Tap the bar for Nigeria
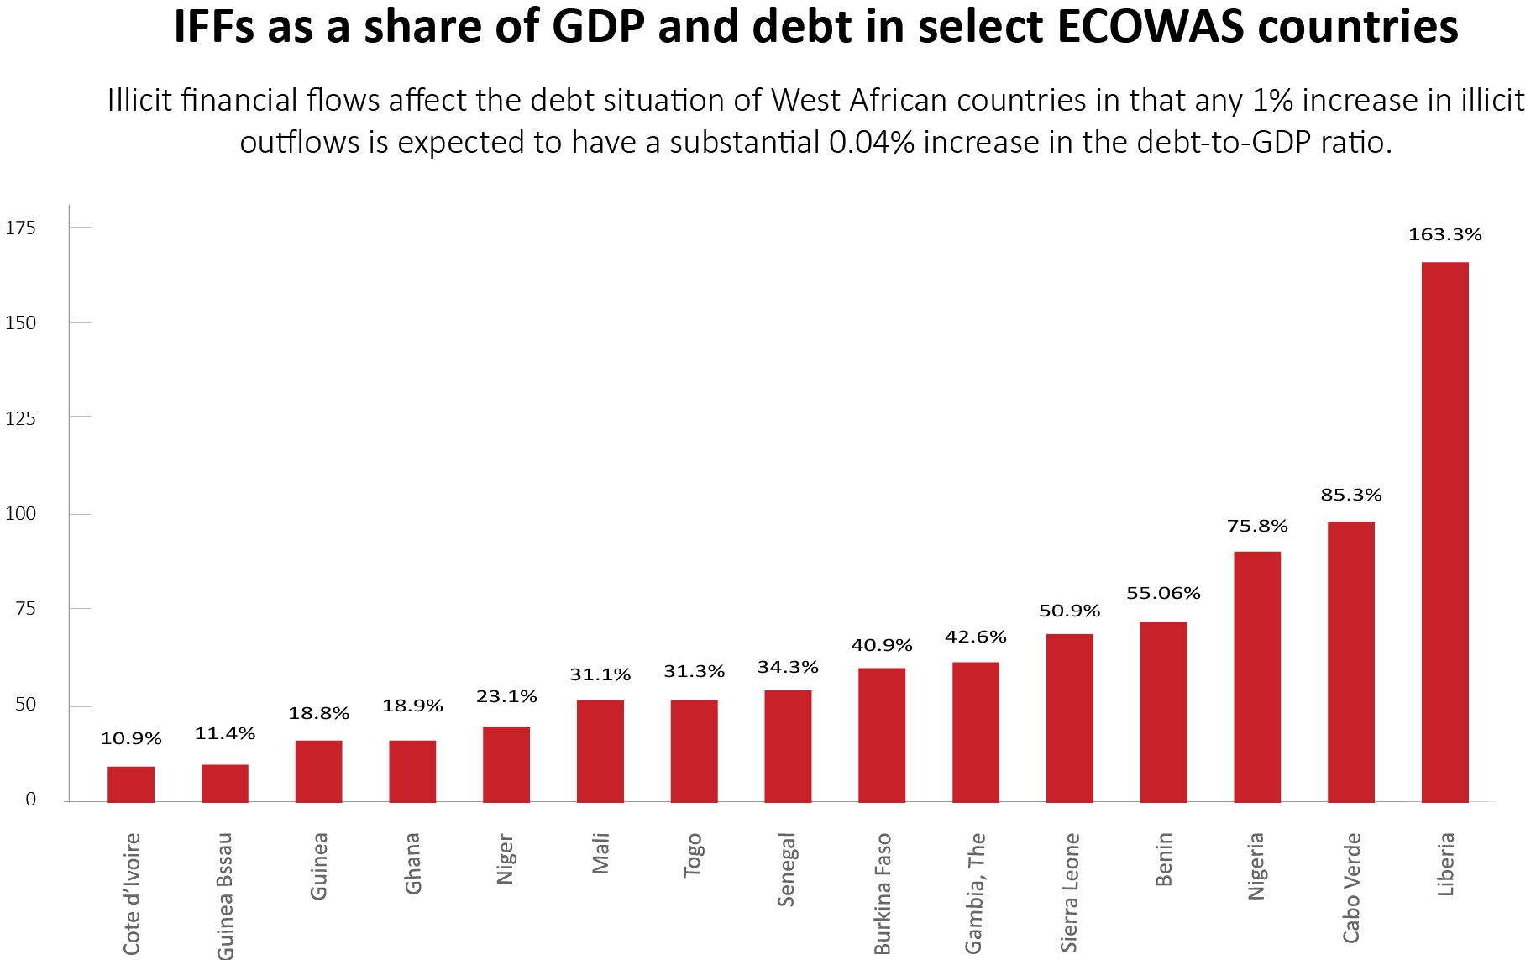pyautogui.click(x=1256, y=677)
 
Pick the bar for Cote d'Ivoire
pyautogui.click(x=131, y=784)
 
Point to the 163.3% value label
pyautogui.click(x=1444, y=235)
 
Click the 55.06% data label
pyautogui.click(x=1163, y=594)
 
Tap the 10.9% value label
pyautogui.click(x=131, y=739)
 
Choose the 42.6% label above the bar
pyautogui.click(x=975, y=637)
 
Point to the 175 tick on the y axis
pyautogui.click(x=21, y=228)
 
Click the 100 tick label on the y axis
pyautogui.click(x=21, y=513)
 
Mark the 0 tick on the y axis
pyautogui.click(x=31, y=800)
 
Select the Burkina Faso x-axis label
pyautogui.click(x=882, y=893)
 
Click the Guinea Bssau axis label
pyautogui.click(x=225, y=895)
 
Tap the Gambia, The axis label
pyautogui.click(x=975, y=893)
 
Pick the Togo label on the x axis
pyautogui.click(x=693, y=855)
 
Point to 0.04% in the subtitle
pyautogui.click(x=871, y=143)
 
